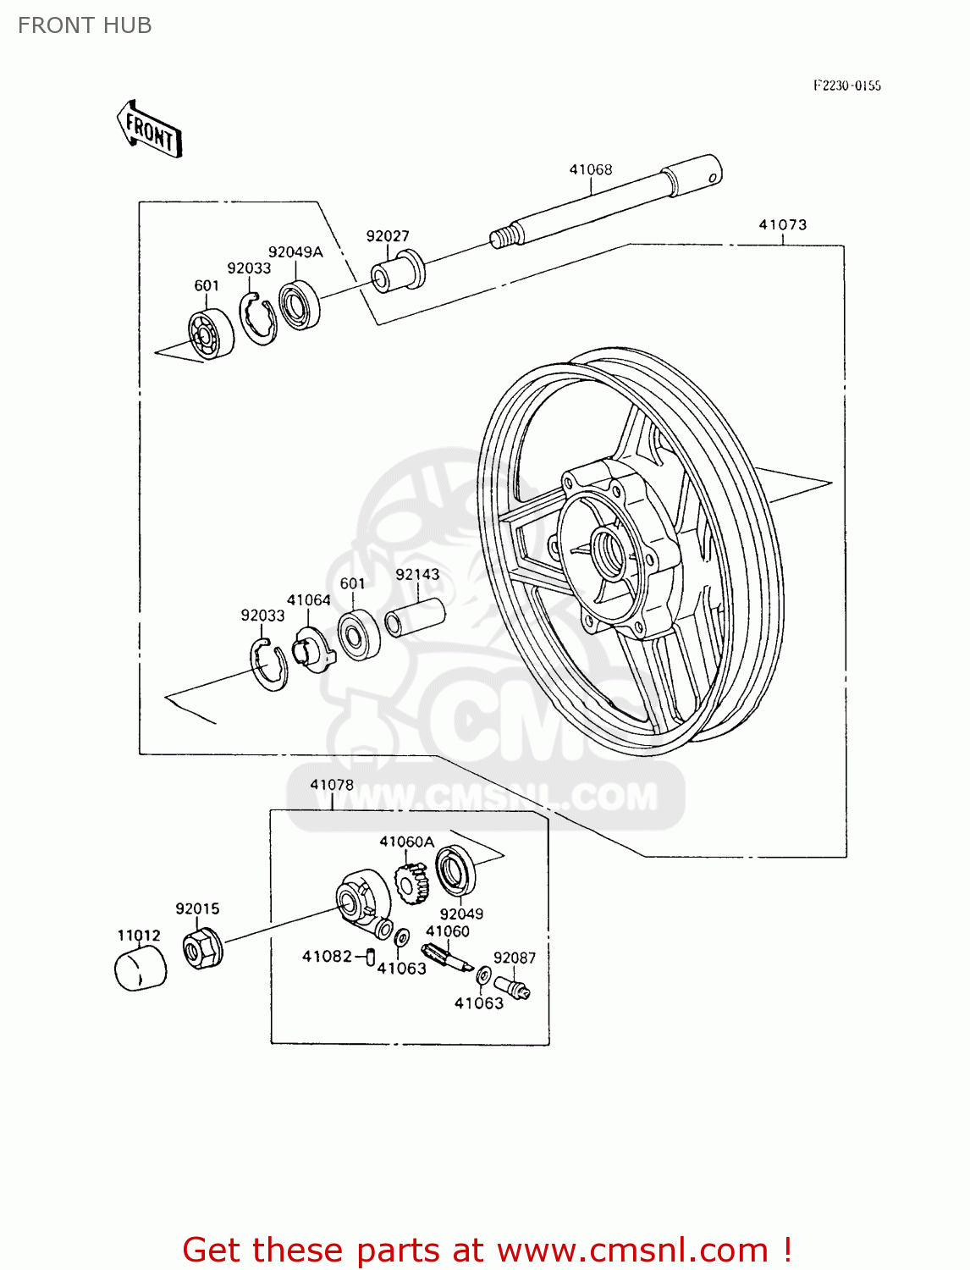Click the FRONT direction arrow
point(150,130)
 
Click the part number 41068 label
point(590,169)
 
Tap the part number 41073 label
point(782,224)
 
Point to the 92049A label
point(295,251)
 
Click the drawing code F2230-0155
point(846,86)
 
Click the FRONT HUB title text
point(85,25)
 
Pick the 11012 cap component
point(140,969)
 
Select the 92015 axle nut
point(202,948)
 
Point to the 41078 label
point(332,785)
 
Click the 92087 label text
point(515,958)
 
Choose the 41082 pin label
point(327,956)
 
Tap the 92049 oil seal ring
point(455,870)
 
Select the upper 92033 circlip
point(257,318)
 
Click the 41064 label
point(309,599)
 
